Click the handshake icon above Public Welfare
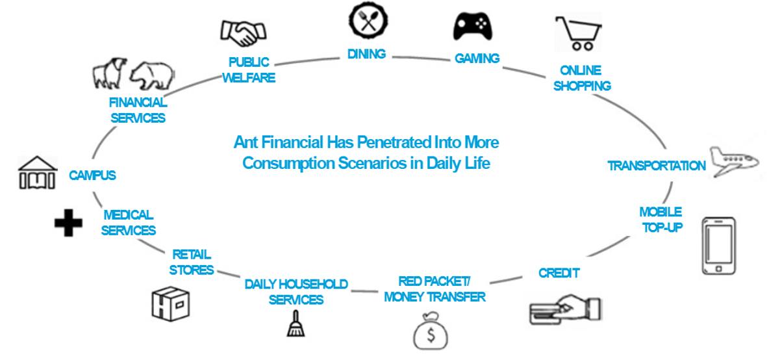pyautogui.click(x=240, y=32)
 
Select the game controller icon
pyautogui.click(x=473, y=26)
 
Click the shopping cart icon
pyautogui.click(x=578, y=32)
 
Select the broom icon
pyautogui.click(x=295, y=323)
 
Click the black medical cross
pyautogui.click(x=68, y=222)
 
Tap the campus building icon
pyautogui.click(x=37, y=173)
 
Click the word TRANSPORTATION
pyautogui.click(x=657, y=166)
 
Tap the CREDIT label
pyautogui.click(x=559, y=273)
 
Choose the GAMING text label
pyautogui.click(x=477, y=58)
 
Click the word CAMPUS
pyautogui.click(x=92, y=175)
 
